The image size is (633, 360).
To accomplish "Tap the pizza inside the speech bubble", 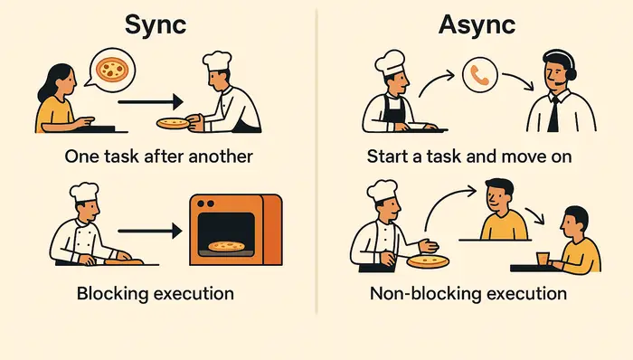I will [113, 68].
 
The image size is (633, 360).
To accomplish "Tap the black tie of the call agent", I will [554, 113].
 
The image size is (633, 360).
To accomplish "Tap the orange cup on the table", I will [543, 259].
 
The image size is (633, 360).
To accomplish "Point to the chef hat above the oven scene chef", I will [83, 191].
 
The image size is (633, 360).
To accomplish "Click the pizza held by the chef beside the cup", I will [429, 261].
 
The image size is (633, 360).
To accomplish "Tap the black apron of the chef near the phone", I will [395, 109].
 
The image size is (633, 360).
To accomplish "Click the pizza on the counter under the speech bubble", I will [174, 121].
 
